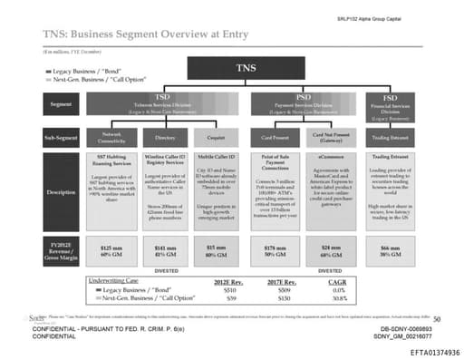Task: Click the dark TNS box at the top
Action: click(x=246, y=69)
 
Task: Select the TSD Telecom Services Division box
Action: click(x=164, y=102)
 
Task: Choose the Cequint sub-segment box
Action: click(x=216, y=139)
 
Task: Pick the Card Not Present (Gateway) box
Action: click(x=333, y=139)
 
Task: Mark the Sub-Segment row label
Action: click(x=58, y=139)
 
